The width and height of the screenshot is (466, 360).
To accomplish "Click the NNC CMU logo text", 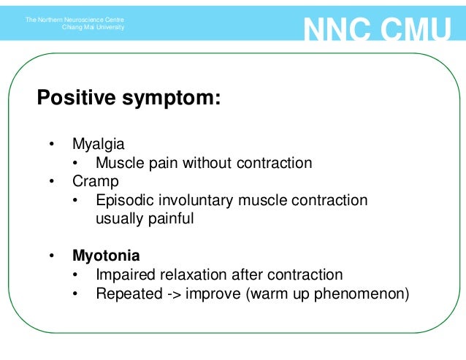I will point(377,31).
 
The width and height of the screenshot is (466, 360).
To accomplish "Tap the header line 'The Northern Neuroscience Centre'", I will point(75,19).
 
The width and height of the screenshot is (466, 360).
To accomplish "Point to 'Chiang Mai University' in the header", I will point(93,27).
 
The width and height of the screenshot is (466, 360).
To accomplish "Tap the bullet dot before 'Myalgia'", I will point(52,144).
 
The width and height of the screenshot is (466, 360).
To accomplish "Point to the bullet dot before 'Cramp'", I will point(52,180).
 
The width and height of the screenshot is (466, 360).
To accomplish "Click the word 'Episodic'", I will point(122,200).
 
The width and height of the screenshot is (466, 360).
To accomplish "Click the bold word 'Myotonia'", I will point(106,256).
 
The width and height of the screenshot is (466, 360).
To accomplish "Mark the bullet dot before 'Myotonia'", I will point(52,256).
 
